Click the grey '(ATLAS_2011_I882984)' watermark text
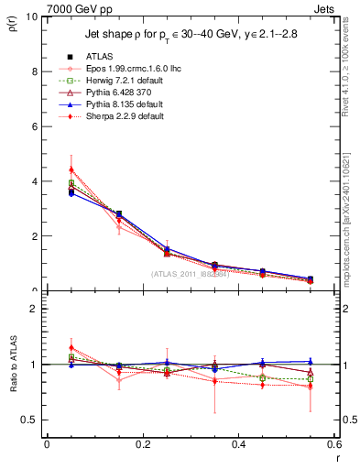tap(190, 274)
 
